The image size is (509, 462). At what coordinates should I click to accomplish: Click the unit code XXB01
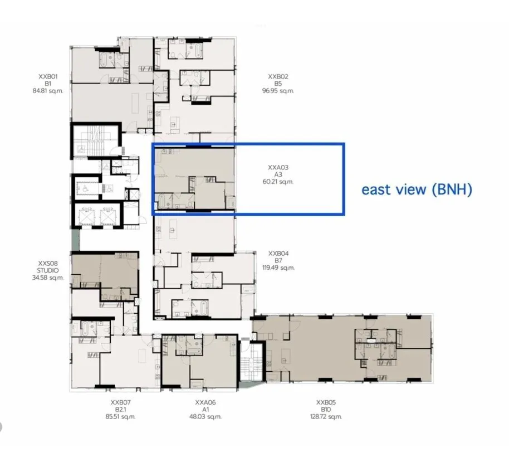[x=48, y=77]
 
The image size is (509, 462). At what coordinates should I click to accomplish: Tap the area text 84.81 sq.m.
[x=48, y=91]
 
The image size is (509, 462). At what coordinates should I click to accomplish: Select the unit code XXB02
[x=278, y=77]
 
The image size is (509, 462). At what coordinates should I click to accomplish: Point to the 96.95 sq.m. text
[x=278, y=91]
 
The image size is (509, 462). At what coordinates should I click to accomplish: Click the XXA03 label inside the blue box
[x=278, y=167]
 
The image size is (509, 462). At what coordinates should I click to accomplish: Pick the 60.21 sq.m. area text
[x=278, y=182]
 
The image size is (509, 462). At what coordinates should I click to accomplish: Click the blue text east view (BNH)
[x=417, y=189]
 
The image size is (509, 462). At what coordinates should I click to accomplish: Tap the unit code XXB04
[x=278, y=254]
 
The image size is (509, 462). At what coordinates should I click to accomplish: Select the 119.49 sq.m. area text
[x=278, y=268]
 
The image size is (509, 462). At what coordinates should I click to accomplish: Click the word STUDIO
[x=48, y=270]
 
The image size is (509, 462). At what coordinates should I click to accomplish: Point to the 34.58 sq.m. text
[x=48, y=278]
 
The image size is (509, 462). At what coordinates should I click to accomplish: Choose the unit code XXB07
[x=120, y=402]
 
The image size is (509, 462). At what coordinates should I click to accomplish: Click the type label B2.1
[x=120, y=410]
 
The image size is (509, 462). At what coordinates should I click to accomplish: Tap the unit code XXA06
[x=205, y=402]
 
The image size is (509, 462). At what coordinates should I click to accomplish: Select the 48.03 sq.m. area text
[x=205, y=416]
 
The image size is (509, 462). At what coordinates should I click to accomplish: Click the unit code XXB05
[x=326, y=402]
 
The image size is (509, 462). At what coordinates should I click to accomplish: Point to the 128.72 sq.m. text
[x=326, y=416]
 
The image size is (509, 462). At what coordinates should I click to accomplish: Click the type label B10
[x=326, y=410]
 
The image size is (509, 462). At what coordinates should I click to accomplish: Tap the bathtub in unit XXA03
[x=161, y=201]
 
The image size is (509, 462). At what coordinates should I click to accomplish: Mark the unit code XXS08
[x=48, y=263]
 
